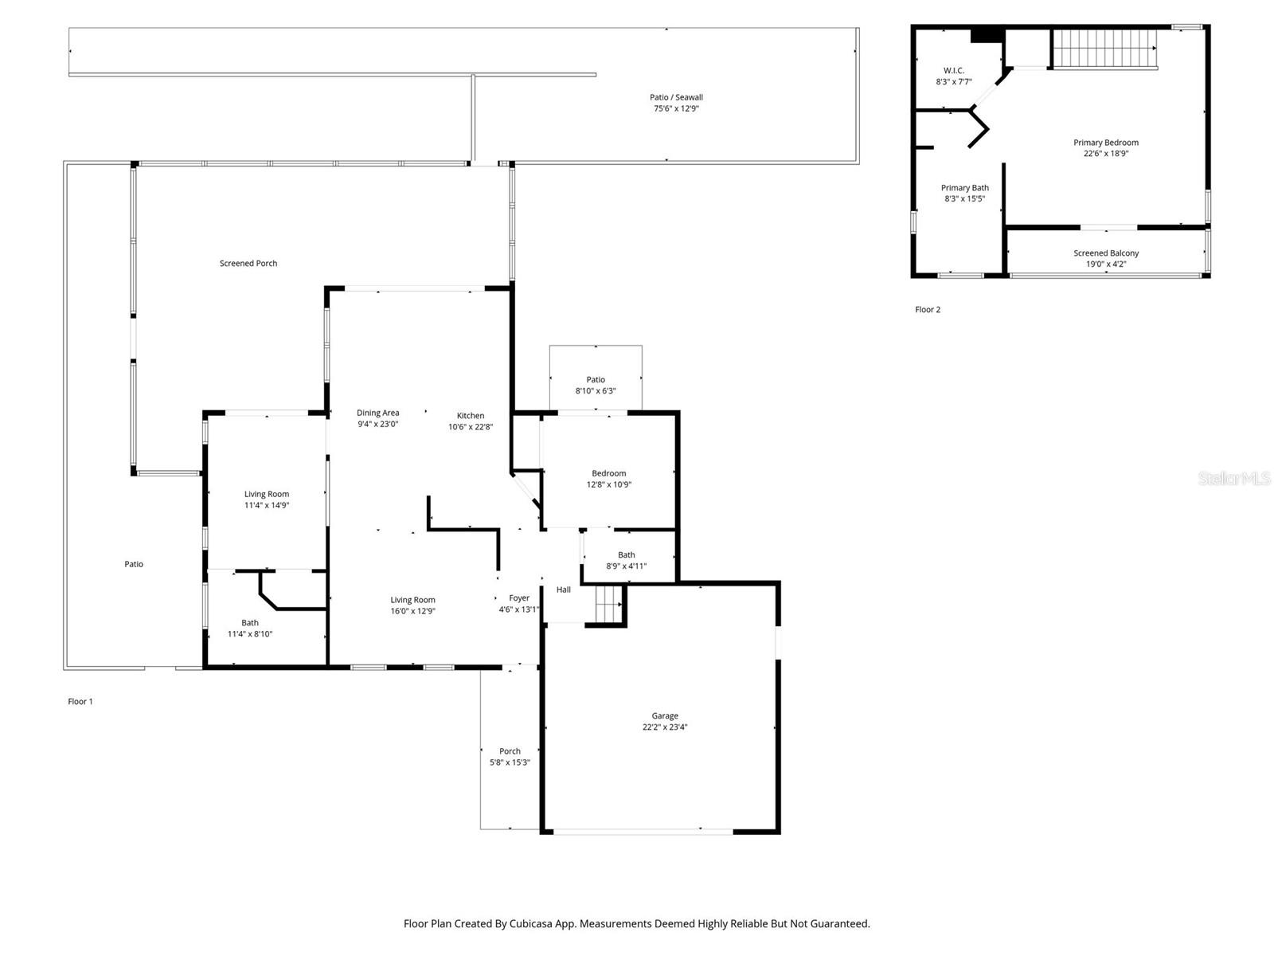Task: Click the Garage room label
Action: (665, 715)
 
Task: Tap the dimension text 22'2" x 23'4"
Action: (665, 727)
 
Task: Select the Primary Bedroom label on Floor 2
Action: (1106, 143)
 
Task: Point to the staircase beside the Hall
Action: (609, 603)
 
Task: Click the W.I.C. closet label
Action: (954, 70)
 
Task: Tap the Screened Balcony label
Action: (1106, 253)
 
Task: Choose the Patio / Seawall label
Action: (676, 97)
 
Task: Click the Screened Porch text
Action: (248, 263)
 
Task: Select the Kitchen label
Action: (471, 415)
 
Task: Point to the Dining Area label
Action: (377, 413)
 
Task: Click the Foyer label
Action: (519, 597)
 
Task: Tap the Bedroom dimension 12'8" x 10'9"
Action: (609, 484)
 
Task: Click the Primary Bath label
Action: (964, 188)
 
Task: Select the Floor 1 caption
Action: (80, 702)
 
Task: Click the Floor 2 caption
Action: (928, 310)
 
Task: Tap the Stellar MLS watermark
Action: (1233, 478)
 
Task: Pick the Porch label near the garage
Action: (510, 751)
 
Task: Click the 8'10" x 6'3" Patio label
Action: (596, 391)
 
